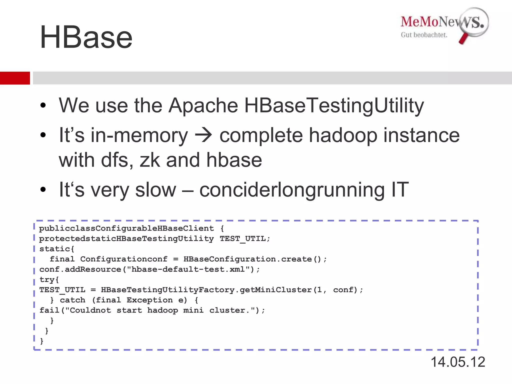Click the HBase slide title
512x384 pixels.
coord(86,37)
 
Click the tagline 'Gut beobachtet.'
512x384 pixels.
coord(424,35)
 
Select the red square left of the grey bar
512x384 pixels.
coord(15,78)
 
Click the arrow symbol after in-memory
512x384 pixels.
coord(203,135)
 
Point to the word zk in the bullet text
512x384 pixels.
coord(149,160)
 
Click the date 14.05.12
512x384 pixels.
coord(458,362)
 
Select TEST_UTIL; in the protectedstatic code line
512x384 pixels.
coord(245,239)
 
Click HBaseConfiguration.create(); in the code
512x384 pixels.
coord(255,259)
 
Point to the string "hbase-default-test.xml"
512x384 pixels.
coord(188,269)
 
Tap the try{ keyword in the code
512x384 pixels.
coord(49,280)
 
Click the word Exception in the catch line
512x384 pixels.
coord(149,300)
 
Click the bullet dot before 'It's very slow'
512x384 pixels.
coord(43,189)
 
